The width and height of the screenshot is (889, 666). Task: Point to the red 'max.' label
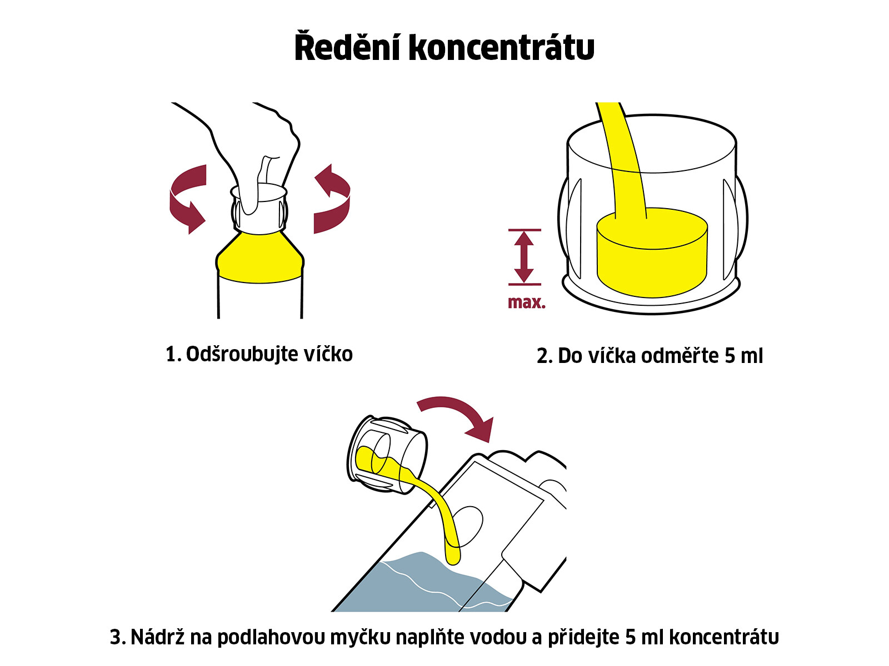coord(527,302)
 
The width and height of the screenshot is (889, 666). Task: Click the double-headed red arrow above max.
coord(525,257)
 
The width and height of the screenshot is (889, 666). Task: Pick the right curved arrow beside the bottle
coord(333,199)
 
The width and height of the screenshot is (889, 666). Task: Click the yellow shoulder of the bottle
coord(260,259)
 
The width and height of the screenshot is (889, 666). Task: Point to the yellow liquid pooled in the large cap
coord(652,253)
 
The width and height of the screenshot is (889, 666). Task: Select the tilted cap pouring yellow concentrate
coord(387,455)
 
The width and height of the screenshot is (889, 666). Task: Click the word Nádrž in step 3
coord(157,637)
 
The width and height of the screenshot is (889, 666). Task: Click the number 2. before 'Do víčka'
coord(545,356)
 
